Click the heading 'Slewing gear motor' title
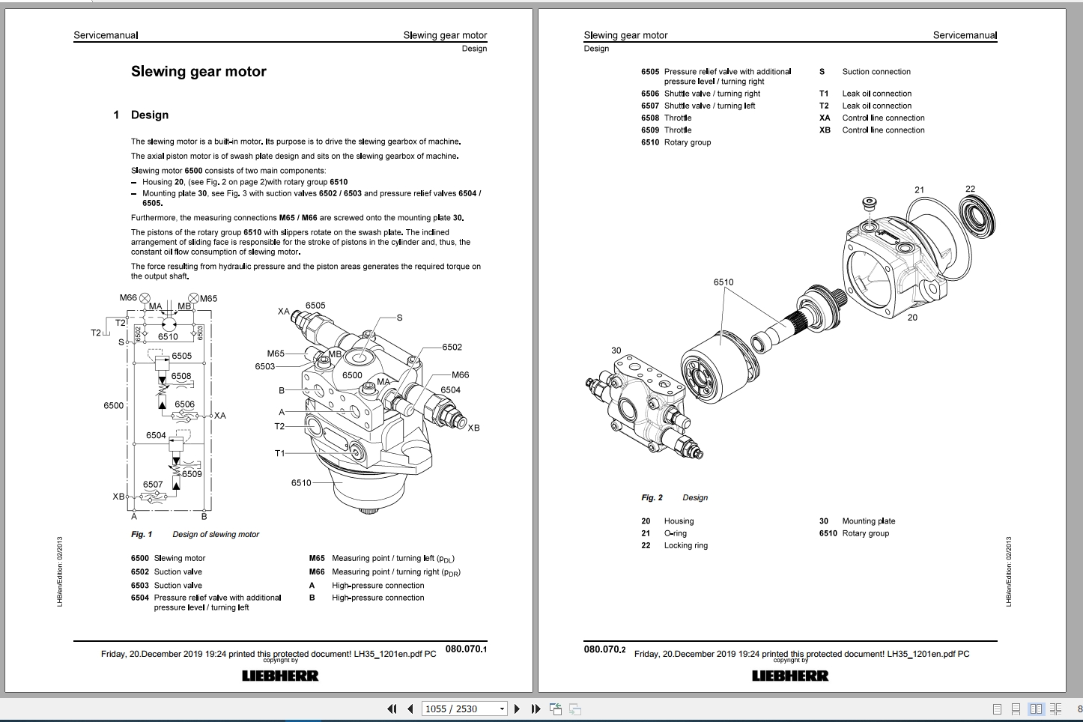pos(198,72)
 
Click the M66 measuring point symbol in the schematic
pos(145,298)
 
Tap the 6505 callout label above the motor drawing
pos(315,306)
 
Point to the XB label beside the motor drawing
pos(473,428)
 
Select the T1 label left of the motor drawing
pos(279,453)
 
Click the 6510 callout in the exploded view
pos(723,282)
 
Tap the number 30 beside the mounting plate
pos(616,350)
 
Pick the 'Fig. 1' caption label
pos(142,535)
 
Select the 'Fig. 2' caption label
pos(652,498)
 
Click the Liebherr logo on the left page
pos(280,676)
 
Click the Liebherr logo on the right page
pos(790,676)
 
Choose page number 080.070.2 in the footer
pos(604,649)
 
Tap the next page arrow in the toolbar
pos(517,709)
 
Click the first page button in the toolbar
pos(392,709)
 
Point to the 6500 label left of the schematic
pos(113,405)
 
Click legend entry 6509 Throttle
pos(666,130)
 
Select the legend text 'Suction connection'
pos(876,72)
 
